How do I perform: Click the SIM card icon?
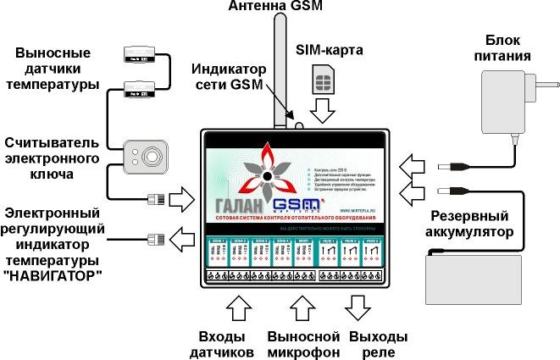click(x=323, y=83)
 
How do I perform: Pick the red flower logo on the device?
click(x=265, y=174)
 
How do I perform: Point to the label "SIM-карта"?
click(x=329, y=51)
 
